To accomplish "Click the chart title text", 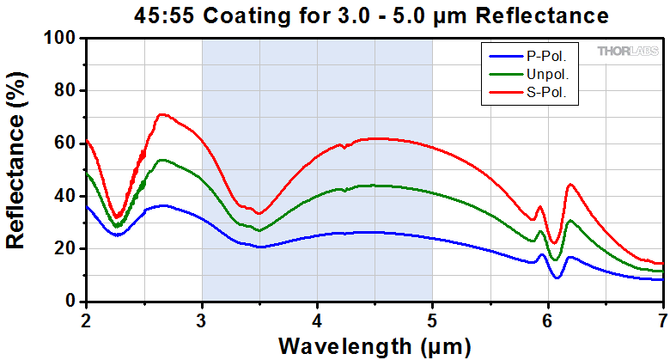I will (x=372, y=15).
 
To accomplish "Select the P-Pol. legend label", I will (x=550, y=57).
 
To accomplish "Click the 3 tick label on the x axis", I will (x=202, y=317).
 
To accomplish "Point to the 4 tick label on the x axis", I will (x=317, y=317).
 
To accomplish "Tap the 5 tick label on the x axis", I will (x=432, y=317).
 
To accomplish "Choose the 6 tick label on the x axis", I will (x=547, y=317).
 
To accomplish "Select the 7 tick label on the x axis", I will (x=662, y=317).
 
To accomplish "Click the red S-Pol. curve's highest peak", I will (x=161, y=113).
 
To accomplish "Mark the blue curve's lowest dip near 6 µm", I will (x=557, y=278).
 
